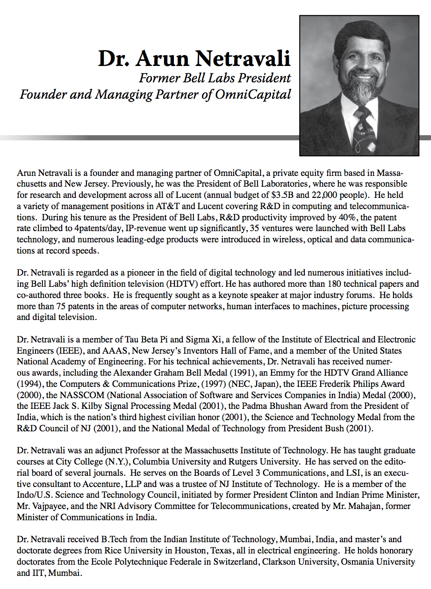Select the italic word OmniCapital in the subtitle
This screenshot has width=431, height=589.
pos(253,95)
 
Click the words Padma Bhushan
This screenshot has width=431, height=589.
pos(277,406)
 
